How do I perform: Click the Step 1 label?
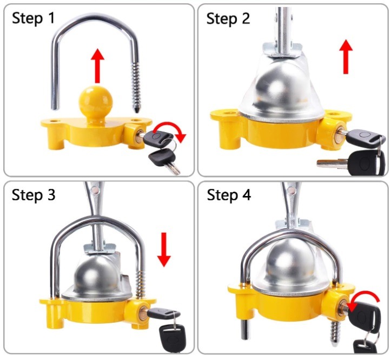33,18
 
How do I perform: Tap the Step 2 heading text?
228,18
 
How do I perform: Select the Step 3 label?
34,195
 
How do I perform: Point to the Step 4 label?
229,195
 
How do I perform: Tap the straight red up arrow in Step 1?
97,66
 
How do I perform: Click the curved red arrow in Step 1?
170,131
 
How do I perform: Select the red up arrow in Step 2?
346,56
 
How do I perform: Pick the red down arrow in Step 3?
164,250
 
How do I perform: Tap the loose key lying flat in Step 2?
347,162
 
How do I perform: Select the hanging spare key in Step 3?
172,337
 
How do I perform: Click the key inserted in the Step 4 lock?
362,315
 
